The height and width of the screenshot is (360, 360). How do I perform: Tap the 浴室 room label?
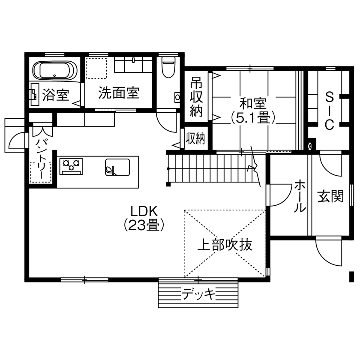tap(56, 95)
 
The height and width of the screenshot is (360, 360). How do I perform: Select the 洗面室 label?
tap(119, 93)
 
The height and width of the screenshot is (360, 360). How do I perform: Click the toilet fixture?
tap(168, 67)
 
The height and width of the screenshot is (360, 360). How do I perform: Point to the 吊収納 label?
tap(196, 97)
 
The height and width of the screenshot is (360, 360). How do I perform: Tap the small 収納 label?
tap(195, 139)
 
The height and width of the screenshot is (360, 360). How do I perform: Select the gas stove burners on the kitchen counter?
tap(72, 166)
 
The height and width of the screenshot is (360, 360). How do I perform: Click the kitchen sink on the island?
tap(117, 167)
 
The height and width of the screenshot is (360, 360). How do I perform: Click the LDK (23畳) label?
tap(144, 218)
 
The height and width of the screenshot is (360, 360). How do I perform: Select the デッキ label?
tap(198, 294)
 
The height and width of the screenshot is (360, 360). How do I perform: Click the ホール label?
tap(300, 197)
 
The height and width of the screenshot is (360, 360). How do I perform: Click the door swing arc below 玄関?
tap(329, 253)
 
